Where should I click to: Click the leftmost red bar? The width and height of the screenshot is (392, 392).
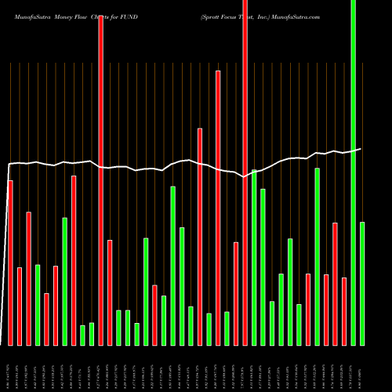pos(10,263)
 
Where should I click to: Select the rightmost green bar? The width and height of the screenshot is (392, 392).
pos(362,283)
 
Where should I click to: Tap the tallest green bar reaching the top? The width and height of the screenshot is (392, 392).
pos(353,172)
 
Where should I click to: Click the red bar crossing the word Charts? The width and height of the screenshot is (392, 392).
pos(101,180)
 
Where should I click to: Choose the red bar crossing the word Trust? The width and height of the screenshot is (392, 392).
pos(245,172)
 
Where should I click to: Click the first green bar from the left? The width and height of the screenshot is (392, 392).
pos(38,304)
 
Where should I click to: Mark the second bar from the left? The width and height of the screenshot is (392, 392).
pos(20,306)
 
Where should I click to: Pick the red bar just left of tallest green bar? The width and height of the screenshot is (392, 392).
pos(344,311)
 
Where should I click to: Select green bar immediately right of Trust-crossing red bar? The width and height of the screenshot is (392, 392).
pos(254,257)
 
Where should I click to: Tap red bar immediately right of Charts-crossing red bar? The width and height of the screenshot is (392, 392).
pos(110,292)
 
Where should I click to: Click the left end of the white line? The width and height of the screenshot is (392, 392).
pos(8,164)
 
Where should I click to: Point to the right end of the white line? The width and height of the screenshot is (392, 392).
pos(361,148)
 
